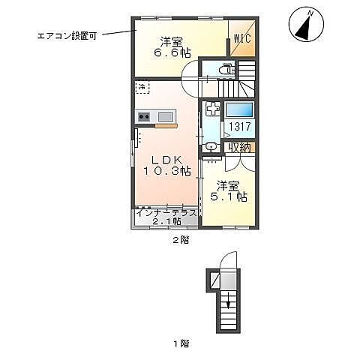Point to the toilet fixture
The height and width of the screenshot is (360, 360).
click(223, 70)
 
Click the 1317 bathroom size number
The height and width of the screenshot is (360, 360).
click(240, 127)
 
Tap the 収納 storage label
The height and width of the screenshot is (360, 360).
click(240, 147)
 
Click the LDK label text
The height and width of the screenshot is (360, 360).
click(166, 160)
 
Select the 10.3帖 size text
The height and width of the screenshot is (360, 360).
click(166, 172)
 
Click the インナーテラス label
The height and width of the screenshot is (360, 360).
click(166, 212)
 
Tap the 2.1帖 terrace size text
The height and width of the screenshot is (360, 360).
click(166, 221)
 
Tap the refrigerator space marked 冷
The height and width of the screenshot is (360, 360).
click(142, 88)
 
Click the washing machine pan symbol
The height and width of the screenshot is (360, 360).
click(211, 109)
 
